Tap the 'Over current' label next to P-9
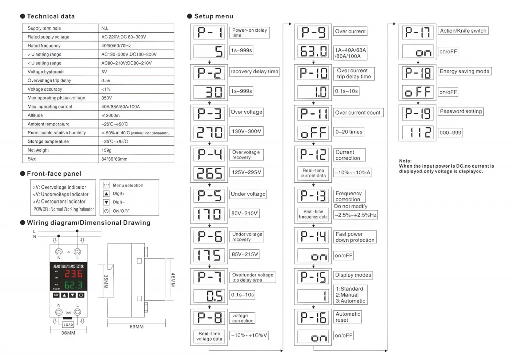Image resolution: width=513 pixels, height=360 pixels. coord(351,31)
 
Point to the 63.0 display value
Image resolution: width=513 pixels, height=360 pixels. coord(313,51)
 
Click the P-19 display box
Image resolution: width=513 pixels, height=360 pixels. coord(419,113)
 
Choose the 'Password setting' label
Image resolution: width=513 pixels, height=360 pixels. coord(461,112)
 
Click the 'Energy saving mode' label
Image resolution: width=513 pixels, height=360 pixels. coord(464,71)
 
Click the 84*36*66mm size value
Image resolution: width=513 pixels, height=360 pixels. coord(115,159)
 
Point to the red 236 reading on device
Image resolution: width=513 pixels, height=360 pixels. coord(73,275)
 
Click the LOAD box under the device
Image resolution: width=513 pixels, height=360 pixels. coord(68,324)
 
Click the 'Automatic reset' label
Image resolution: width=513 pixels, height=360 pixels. coord(348,317)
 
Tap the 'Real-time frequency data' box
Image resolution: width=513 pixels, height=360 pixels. coord(313,214)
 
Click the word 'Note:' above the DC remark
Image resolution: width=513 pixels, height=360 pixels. coord(405,161)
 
